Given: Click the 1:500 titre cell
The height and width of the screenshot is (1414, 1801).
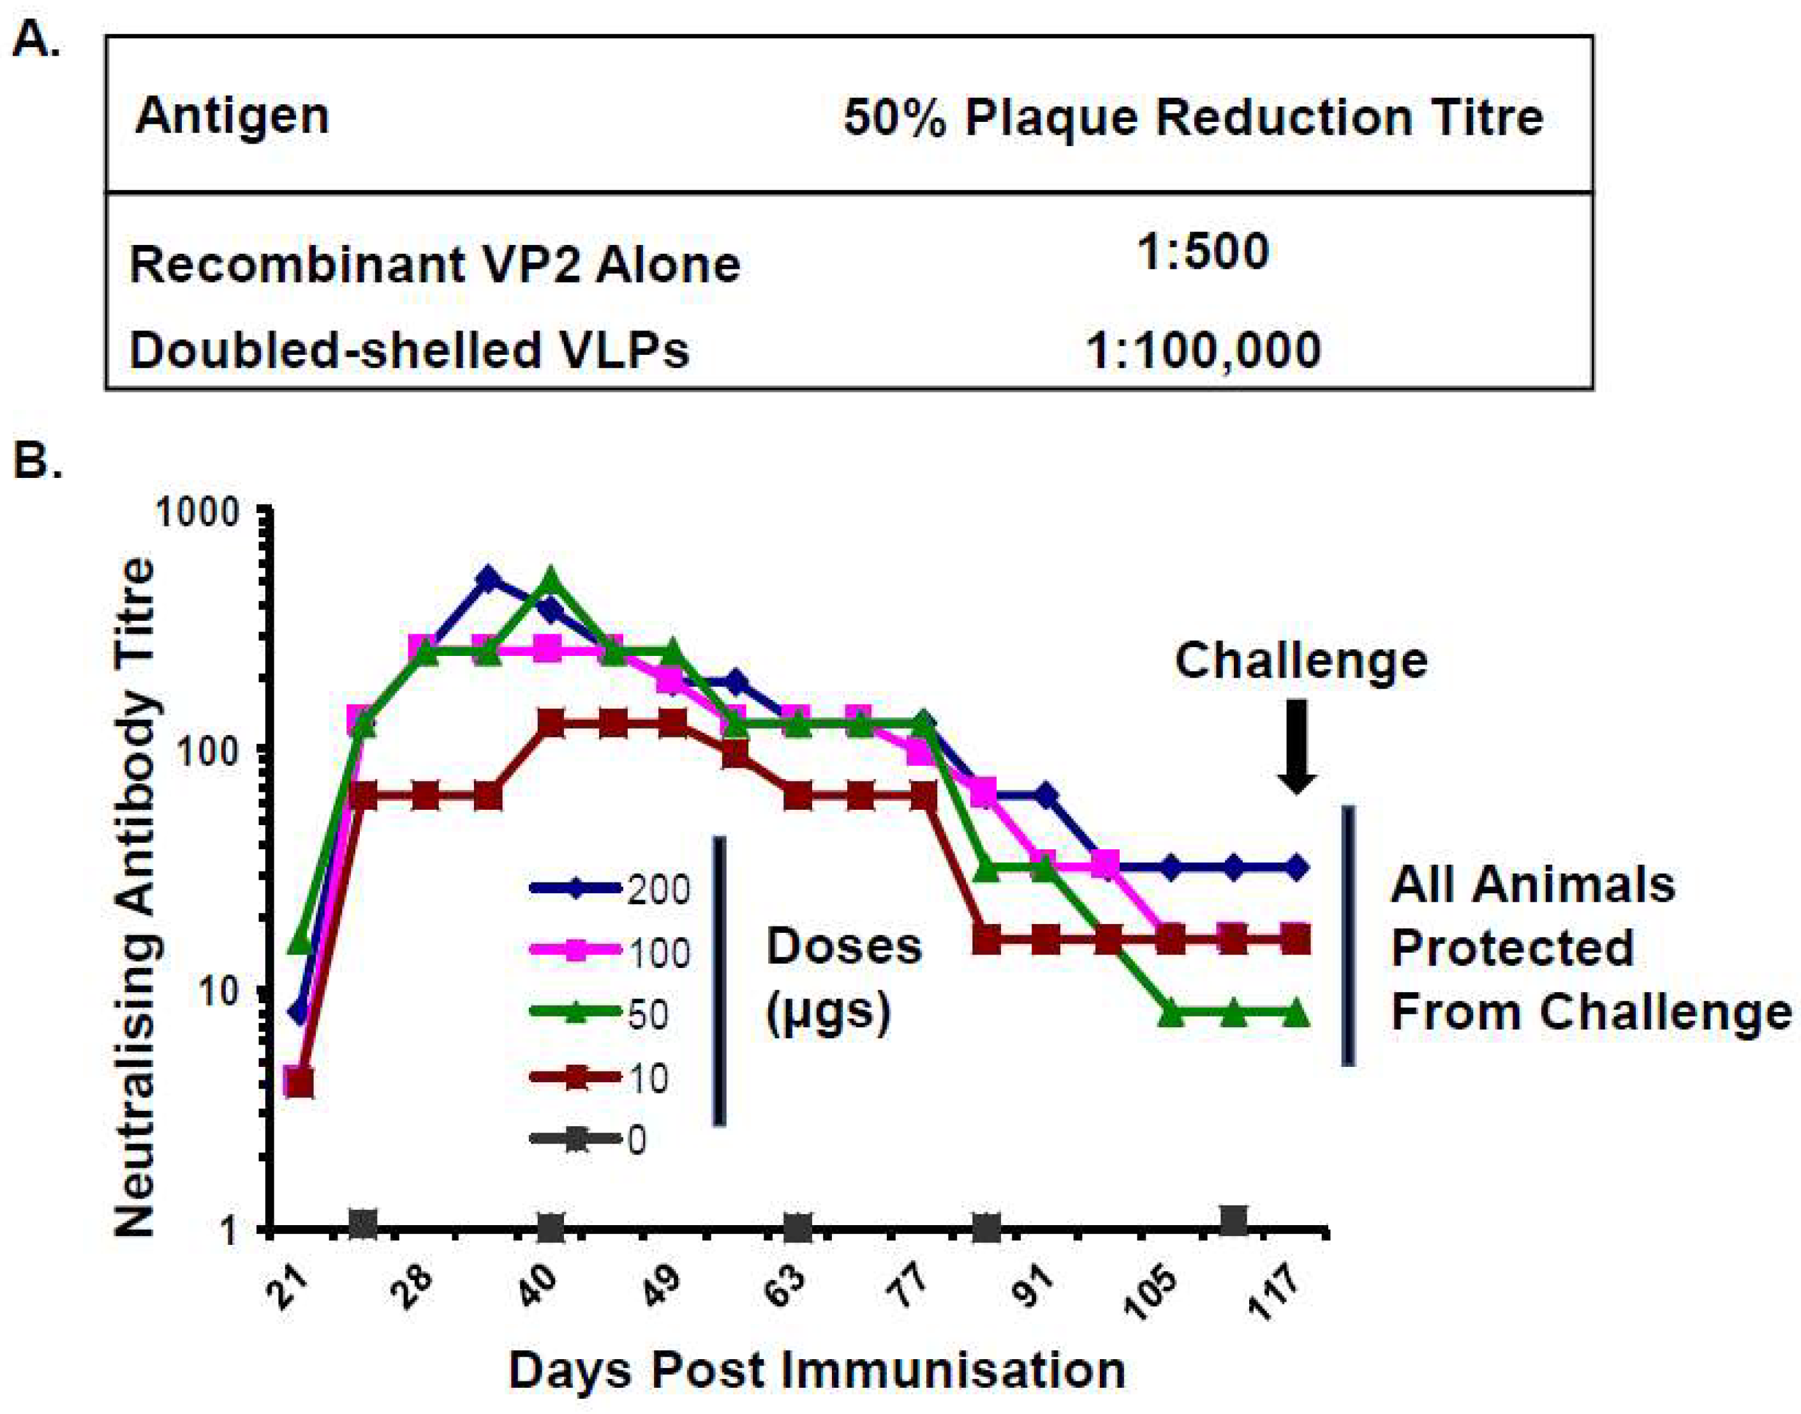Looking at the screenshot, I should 1203,251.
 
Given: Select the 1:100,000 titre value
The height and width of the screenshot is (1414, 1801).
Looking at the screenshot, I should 1203,350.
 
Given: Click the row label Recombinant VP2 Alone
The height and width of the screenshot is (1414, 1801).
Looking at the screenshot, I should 434,265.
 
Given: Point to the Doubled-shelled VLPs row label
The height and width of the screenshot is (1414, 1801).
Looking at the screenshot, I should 409,350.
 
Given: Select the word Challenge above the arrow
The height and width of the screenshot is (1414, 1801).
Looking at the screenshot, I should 1301,660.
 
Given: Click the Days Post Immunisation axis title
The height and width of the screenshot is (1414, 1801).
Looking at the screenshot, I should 816,1369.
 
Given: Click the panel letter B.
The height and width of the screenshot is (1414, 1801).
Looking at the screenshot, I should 37,459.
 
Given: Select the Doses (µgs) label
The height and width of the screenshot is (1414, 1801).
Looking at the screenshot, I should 843,978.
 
